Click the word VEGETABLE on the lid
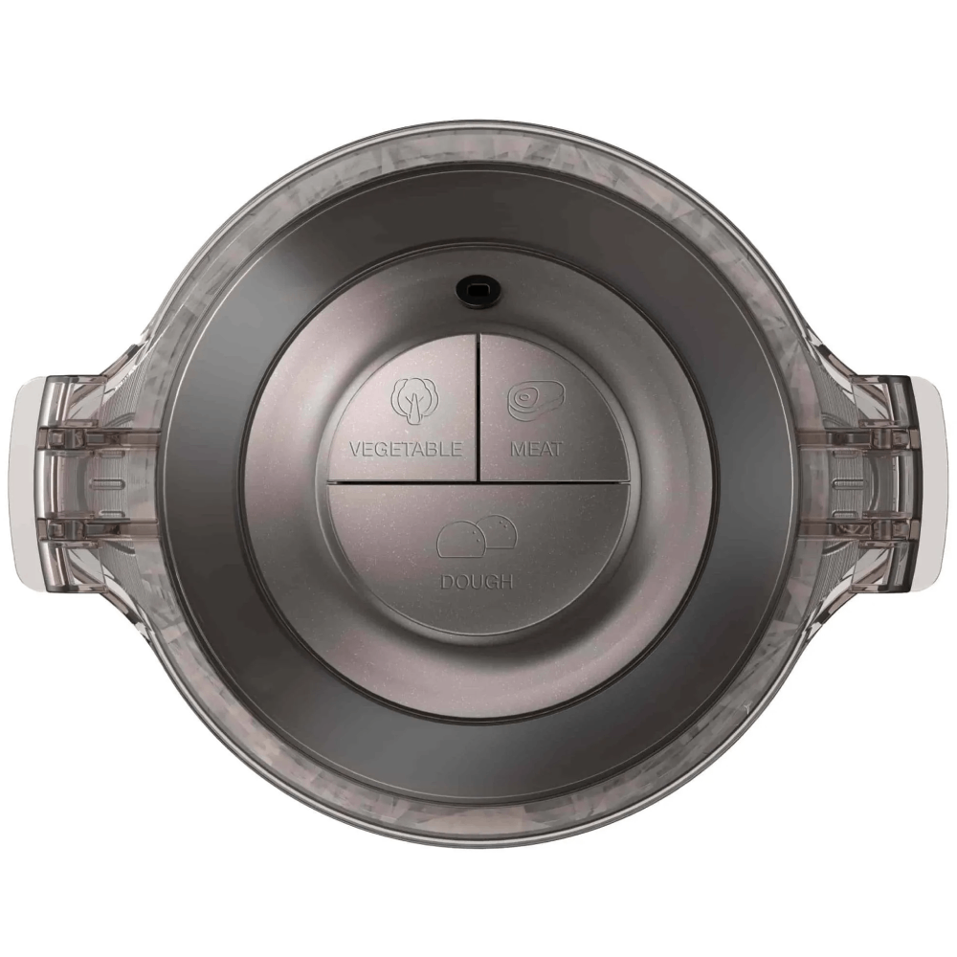coord(405,449)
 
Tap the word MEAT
coord(537,449)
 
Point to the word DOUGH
coord(477,582)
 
